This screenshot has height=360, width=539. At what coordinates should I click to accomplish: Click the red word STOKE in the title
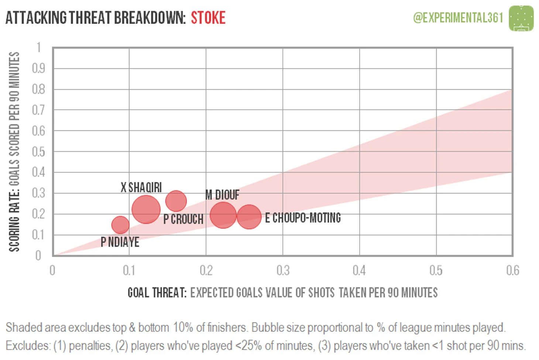208,18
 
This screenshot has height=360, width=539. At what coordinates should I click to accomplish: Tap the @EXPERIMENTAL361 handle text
458,17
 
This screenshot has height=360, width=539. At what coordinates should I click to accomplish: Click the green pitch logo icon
521,18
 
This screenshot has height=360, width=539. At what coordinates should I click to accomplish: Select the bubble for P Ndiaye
120,224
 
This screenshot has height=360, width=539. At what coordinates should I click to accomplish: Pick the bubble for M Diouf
223,215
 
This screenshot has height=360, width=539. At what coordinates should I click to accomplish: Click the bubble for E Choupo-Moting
249,217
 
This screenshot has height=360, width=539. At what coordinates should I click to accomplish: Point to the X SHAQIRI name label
141,188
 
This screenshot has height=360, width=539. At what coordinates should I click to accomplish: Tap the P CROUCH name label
183,219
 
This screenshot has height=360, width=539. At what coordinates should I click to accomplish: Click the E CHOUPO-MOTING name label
303,218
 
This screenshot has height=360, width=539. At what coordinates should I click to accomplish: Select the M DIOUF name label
222,195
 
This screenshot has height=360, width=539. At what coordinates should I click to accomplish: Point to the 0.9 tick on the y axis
38,68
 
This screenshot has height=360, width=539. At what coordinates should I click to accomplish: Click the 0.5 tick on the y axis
38,152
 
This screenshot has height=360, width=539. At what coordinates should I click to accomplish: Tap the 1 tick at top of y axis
39,47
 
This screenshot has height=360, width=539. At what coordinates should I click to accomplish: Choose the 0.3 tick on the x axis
283,271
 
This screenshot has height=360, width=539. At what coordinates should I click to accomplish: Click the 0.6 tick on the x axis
512,271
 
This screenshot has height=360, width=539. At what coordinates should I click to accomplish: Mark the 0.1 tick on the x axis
129,271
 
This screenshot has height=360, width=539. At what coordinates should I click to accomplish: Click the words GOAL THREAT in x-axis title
157,293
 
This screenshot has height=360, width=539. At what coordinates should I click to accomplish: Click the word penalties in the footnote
90,346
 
